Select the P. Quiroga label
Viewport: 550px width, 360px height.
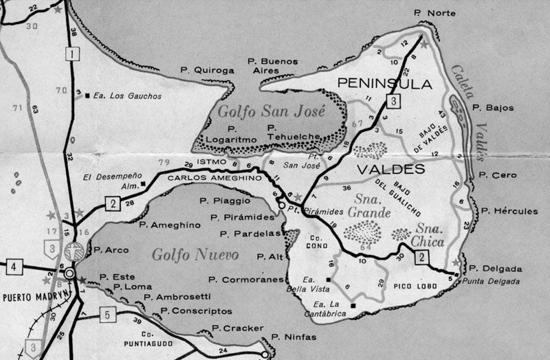coord(207,69)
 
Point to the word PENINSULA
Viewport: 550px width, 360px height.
coord(384,85)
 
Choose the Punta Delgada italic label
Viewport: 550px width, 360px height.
coord(492,282)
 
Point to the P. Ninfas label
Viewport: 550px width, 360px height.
coord(294,337)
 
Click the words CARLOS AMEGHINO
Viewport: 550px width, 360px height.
coord(206,177)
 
